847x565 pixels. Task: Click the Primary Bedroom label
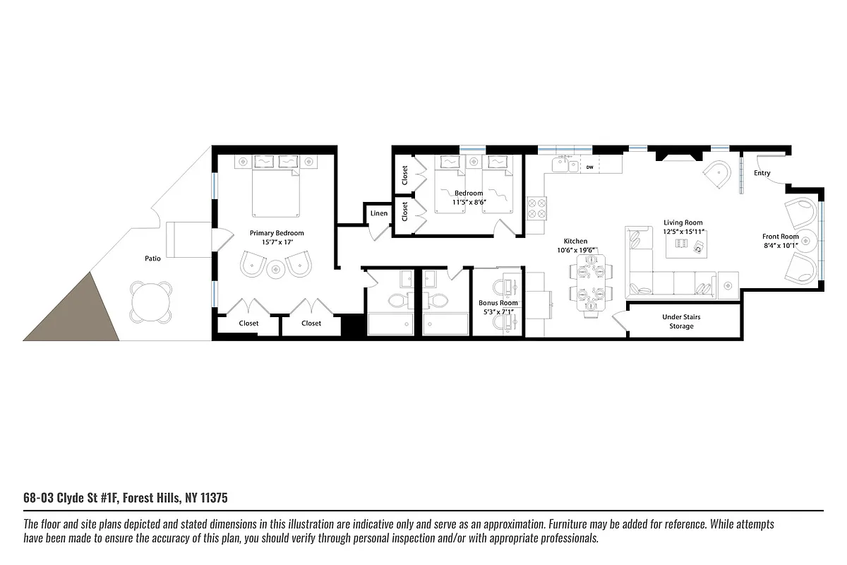coord(277,232)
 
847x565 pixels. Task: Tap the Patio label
coord(152,258)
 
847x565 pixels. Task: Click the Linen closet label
coord(379,213)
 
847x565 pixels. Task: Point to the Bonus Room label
coord(498,303)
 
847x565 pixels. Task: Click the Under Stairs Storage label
coord(681,321)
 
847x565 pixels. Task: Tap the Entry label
coord(762,173)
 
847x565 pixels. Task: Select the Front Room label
coord(780,237)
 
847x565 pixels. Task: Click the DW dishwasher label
coord(589,167)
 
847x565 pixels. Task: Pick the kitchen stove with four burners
coord(537,209)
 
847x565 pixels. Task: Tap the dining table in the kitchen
coord(590,282)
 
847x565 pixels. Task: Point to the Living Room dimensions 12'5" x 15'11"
coord(683,232)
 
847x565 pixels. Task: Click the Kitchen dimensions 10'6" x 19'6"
coord(575,250)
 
